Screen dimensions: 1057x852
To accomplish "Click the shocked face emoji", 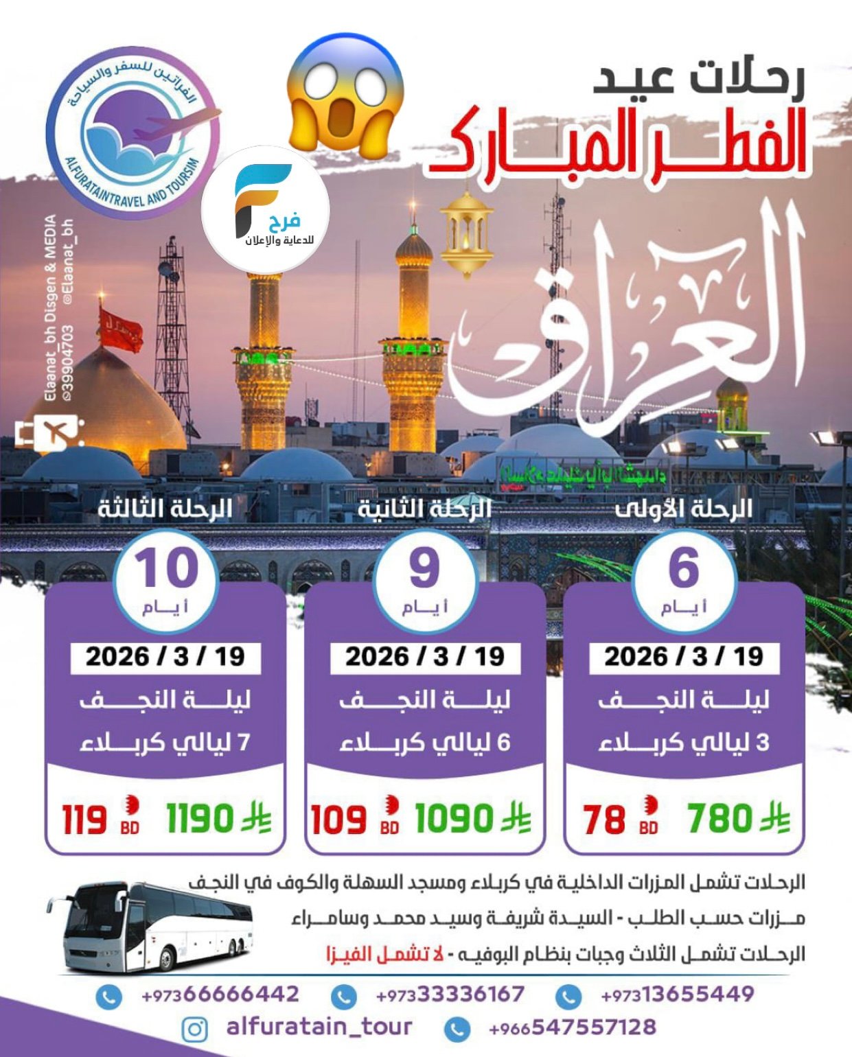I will click(345, 93).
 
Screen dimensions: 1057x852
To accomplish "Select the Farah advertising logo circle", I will click(265, 209).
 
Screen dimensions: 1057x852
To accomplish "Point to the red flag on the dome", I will click(120, 329).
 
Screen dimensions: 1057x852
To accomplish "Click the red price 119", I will click(85, 820).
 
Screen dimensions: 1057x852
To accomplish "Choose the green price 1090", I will click(454, 819).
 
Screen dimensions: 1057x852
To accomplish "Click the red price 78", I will click(605, 820).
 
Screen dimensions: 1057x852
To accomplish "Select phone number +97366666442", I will click(220, 995).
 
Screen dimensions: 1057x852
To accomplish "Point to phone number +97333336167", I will click(450, 995).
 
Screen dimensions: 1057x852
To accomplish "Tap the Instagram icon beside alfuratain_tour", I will click(196, 1029).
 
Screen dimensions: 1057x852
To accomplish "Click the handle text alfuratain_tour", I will click(319, 1027).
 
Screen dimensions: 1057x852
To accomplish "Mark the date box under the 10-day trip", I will click(165, 657).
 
